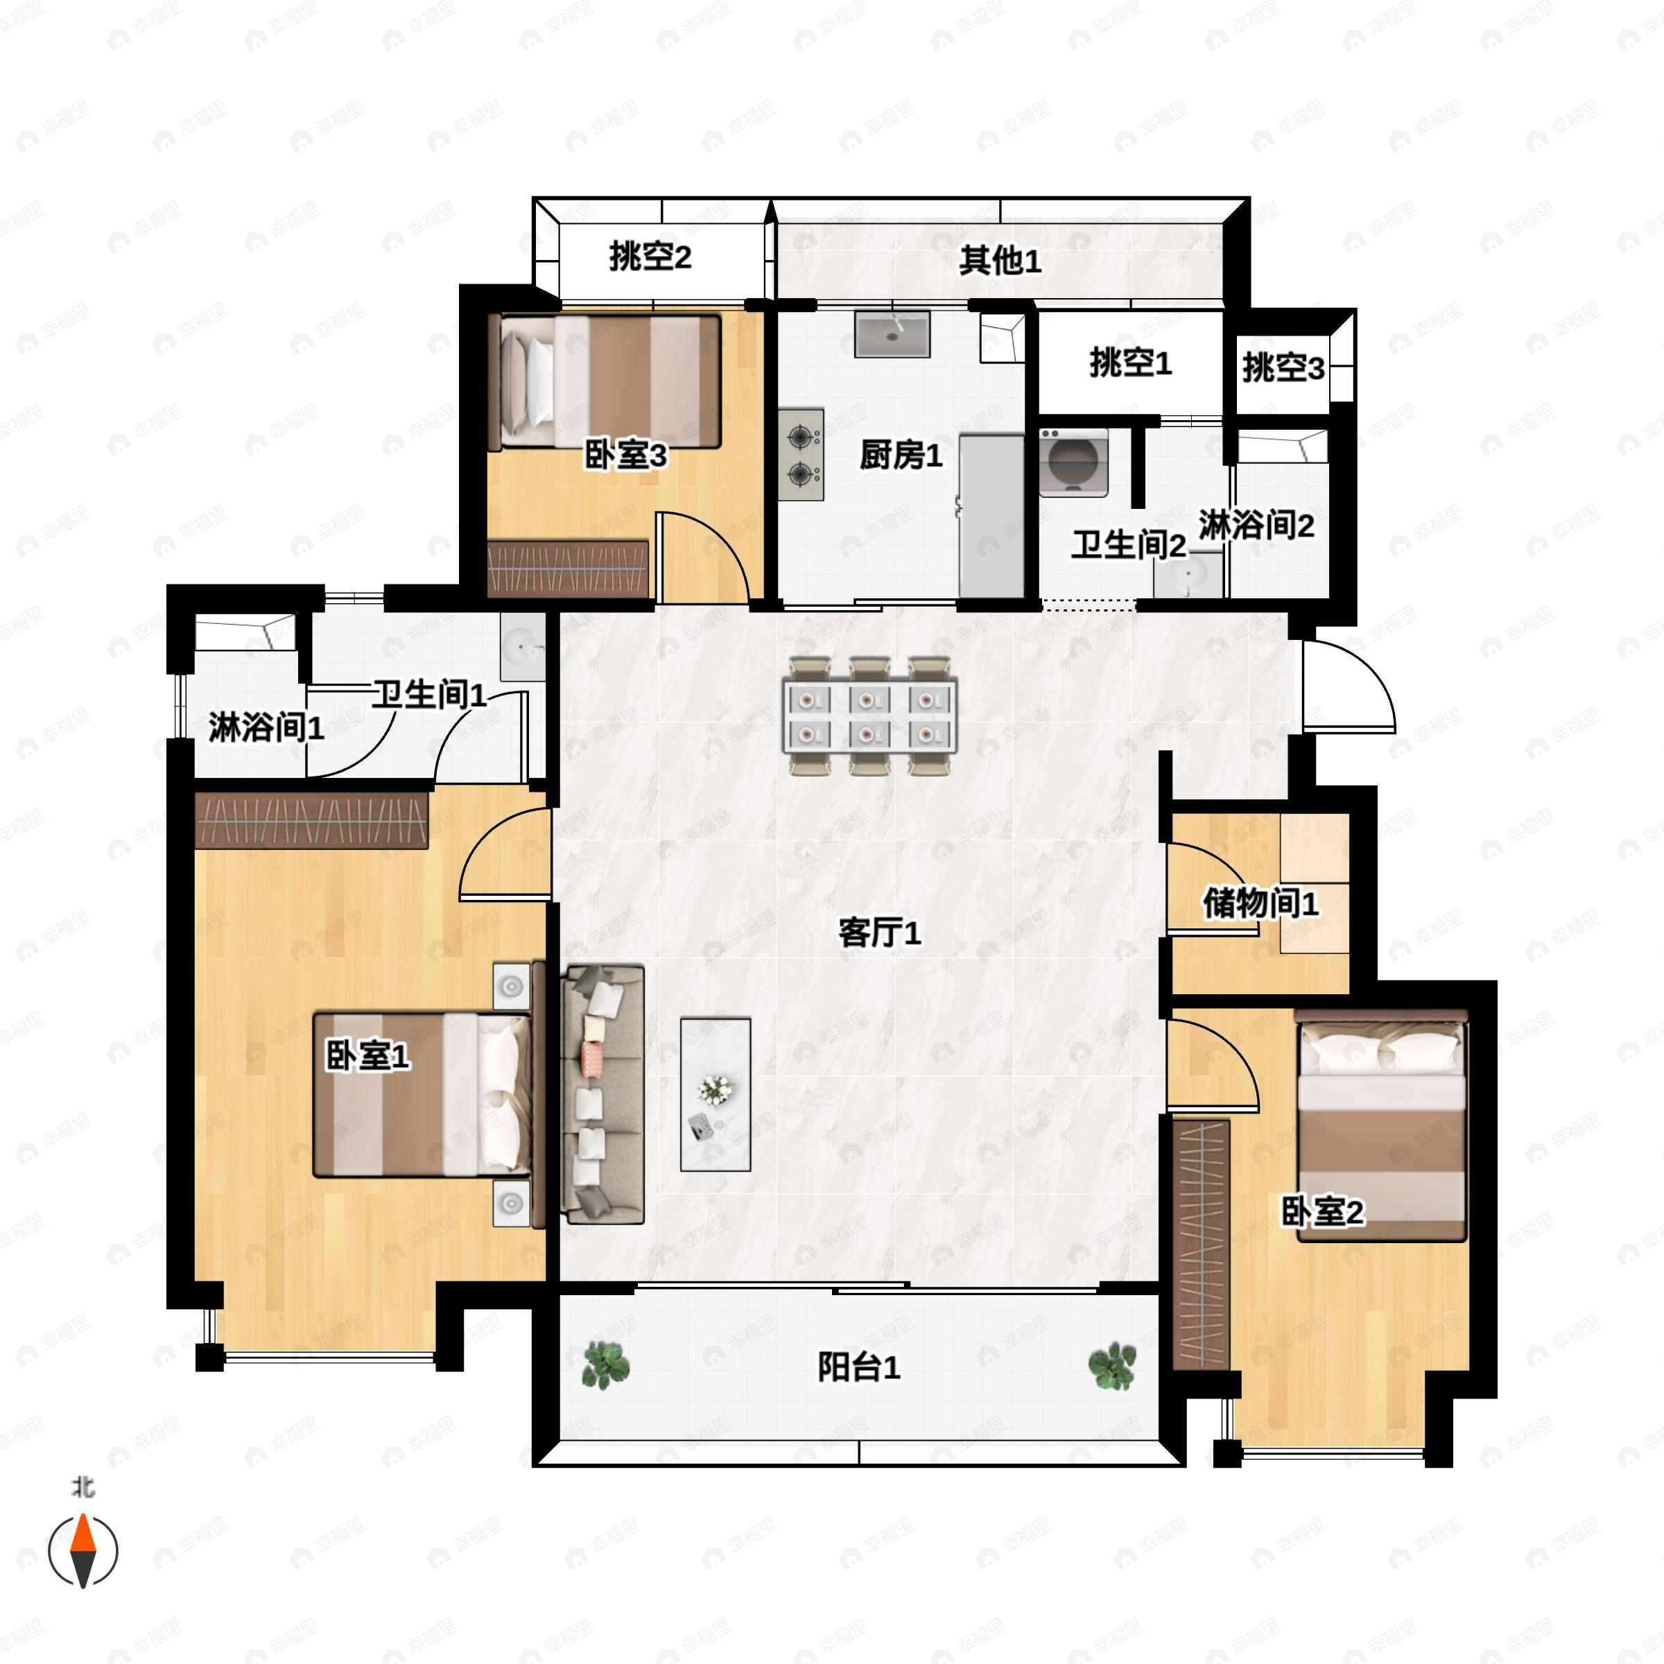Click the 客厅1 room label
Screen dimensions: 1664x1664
[x=879, y=933]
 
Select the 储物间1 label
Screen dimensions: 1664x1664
[x=1260, y=903]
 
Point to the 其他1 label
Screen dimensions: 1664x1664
[x=1000, y=260]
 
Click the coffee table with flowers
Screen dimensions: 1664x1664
[x=715, y=1094]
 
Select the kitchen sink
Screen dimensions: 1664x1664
[x=892, y=334]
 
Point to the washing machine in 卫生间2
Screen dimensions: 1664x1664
[x=1073, y=462]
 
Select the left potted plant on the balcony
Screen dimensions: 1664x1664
[x=607, y=1365]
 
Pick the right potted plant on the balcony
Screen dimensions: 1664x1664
[x=1112, y=1365]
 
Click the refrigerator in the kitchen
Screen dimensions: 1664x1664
[x=991, y=515]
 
